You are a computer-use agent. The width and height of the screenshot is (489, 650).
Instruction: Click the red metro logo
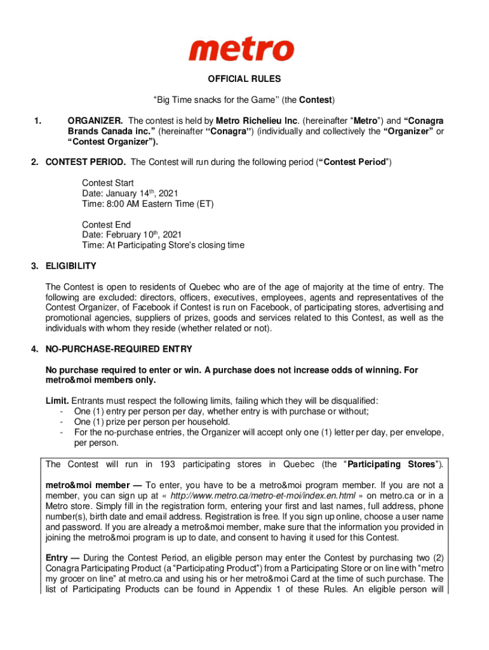click(241, 49)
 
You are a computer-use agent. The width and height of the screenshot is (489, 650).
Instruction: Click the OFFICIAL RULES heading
click(245, 79)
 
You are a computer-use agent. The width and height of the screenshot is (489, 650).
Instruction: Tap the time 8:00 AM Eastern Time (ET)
click(147, 204)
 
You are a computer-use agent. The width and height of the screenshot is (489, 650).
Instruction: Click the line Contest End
click(106, 225)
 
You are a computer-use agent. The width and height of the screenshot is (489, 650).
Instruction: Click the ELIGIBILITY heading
click(70, 266)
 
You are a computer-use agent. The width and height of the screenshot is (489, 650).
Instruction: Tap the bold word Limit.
click(57, 401)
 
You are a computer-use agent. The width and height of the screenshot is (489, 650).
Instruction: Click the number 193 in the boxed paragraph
click(166, 464)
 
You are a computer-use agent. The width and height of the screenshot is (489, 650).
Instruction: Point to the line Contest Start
click(107, 183)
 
